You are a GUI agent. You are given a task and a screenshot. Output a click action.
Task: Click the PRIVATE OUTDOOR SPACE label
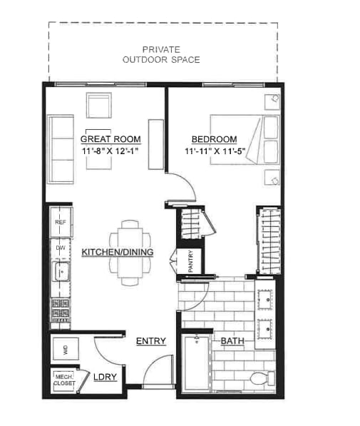pyautogui.click(x=161, y=54)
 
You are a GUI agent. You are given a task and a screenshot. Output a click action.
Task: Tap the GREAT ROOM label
pyautogui.click(x=110, y=139)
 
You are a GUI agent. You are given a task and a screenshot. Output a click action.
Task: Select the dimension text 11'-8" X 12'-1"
pyautogui.click(x=110, y=152)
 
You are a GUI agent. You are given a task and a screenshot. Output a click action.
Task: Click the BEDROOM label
pyautogui.click(x=214, y=139)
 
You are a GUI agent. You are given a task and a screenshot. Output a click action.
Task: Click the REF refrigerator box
pyautogui.click(x=60, y=223)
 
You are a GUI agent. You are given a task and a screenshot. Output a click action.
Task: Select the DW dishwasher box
pyautogui.click(x=60, y=248)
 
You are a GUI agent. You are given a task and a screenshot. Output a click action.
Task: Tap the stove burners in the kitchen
pyautogui.click(x=61, y=309)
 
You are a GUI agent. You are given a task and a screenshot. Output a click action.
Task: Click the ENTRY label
pyautogui.click(x=151, y=341)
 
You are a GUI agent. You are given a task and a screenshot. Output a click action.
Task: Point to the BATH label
pyautogui.click(x=232, y=341)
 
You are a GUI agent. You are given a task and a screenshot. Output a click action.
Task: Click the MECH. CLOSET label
pyautogui.click(x=63, y=380)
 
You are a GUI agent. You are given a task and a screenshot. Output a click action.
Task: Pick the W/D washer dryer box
pyautogui.click(x=66, y=350)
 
